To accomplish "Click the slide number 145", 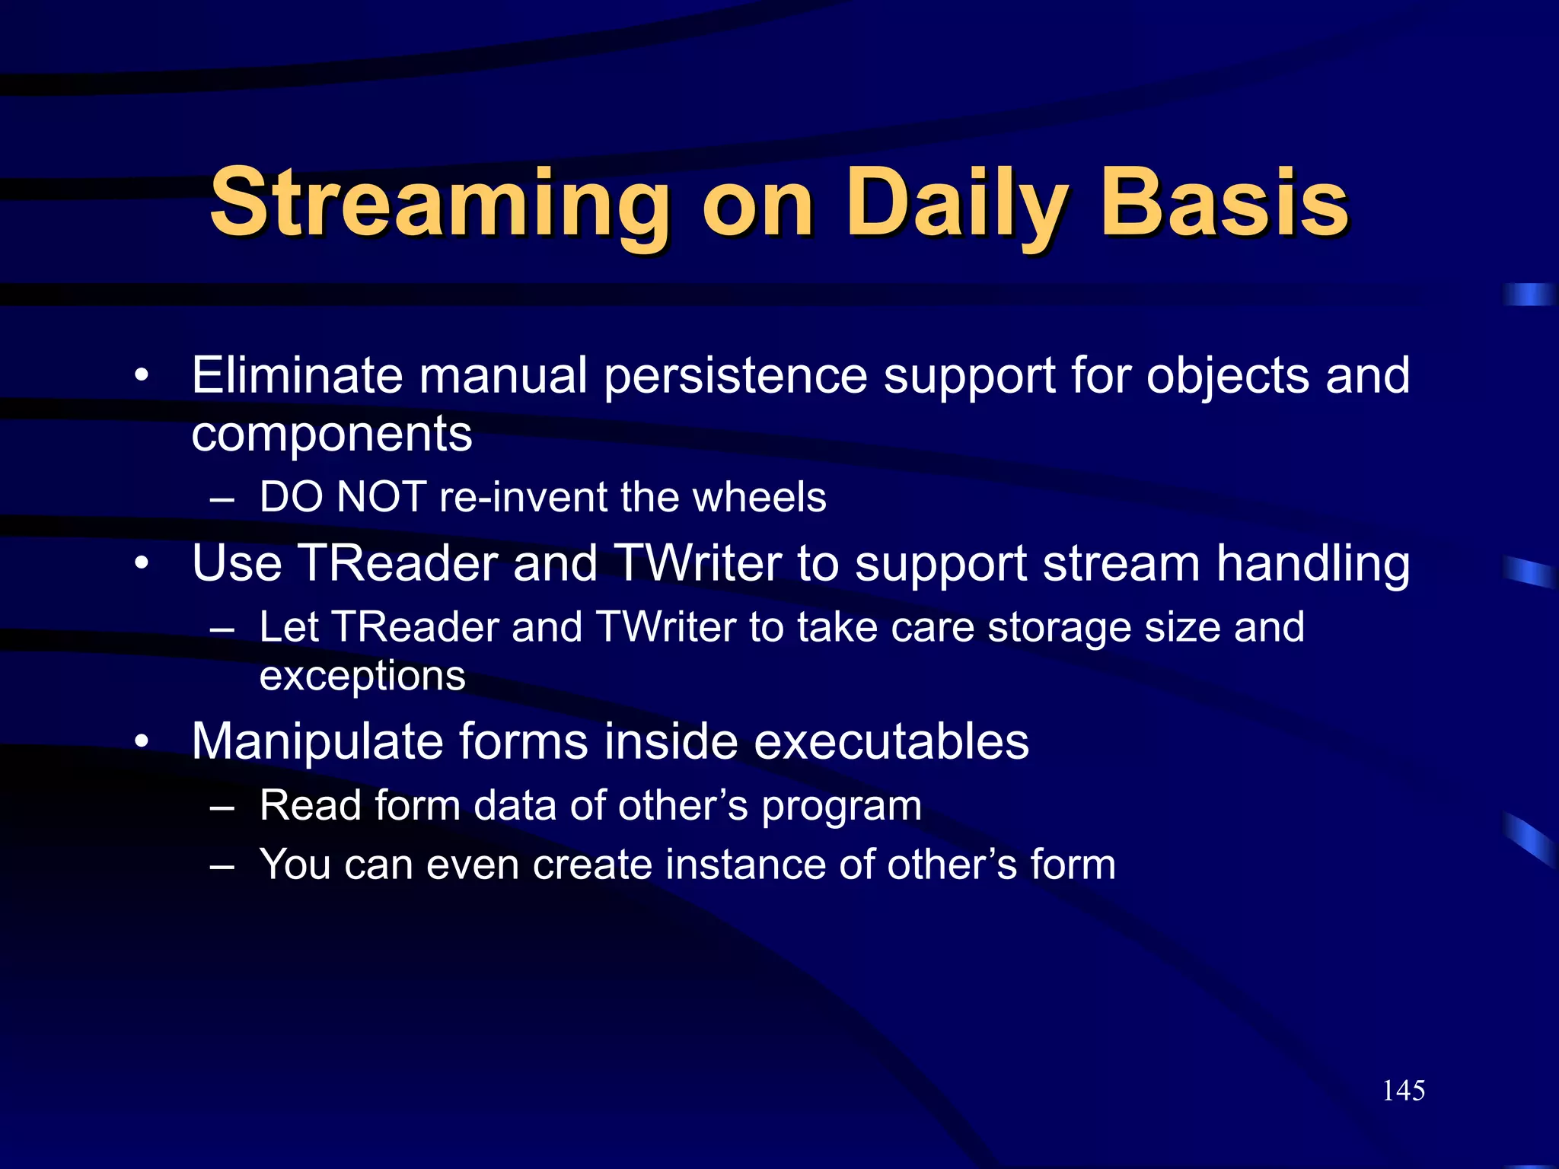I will tap(1403, 1091).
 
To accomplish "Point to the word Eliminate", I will tap(297, 375).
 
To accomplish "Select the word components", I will tap(332, 435).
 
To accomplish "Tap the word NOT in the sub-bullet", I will tap(381, 498).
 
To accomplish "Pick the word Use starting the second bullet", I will tap(237, 564).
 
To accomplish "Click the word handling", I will tap(1312, 565).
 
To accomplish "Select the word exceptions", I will tap(362, 676).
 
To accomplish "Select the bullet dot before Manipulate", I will tap(142, 742).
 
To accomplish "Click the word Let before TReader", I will tap(289, 628).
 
